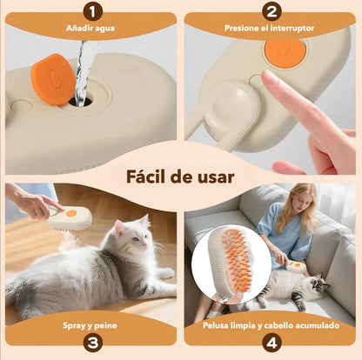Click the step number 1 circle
[93, 11]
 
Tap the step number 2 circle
[271, 11]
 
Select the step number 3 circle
[93, 343]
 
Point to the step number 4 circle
[271, 343]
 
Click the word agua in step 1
[104, 29]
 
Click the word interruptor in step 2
[292, 28]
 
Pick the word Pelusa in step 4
[216, 325]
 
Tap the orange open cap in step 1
[53, 79]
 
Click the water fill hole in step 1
[81, 101]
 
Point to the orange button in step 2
[285, 53]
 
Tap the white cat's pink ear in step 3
[119, 228]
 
